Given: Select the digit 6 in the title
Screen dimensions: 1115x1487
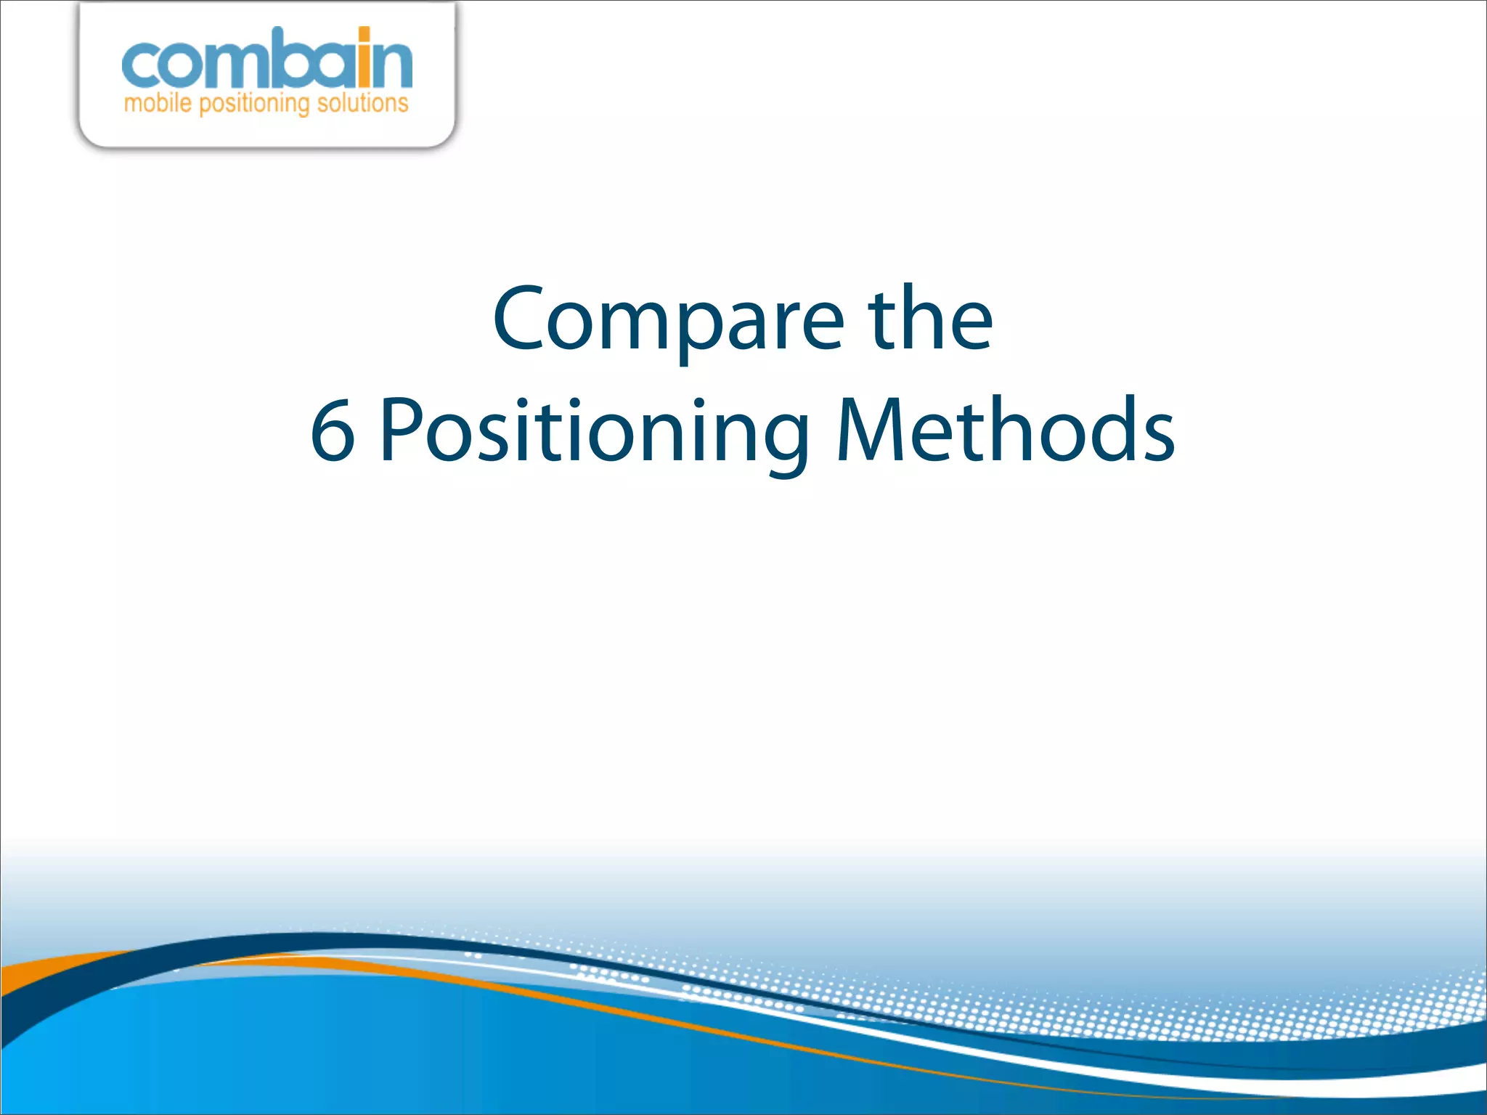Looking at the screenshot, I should coord(333,431).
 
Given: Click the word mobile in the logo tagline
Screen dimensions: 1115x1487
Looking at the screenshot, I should coord(157,104).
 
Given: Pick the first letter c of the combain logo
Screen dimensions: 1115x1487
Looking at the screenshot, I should coord(140,65).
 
